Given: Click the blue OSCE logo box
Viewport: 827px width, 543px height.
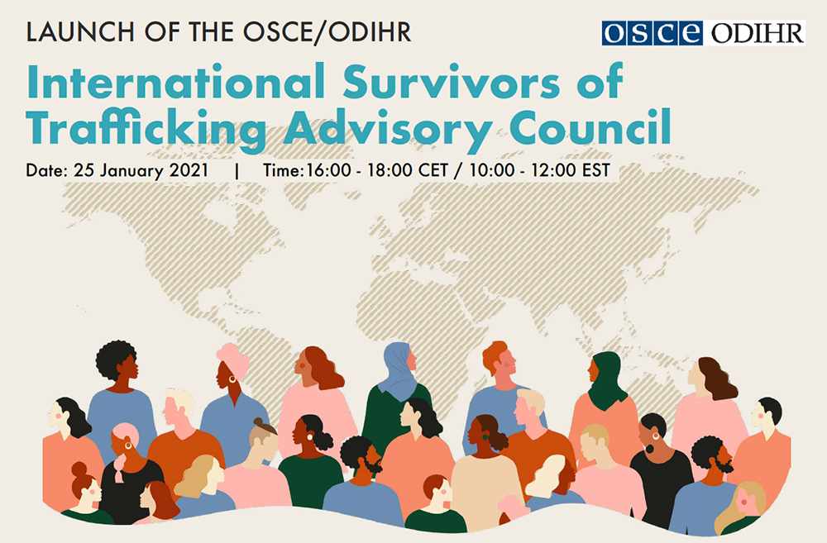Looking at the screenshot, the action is click(652, 33).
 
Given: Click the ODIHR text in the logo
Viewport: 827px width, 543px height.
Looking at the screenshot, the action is click(758, 33).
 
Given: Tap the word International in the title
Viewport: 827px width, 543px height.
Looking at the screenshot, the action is click(175, 82).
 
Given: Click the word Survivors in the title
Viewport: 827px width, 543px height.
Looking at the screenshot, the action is click(451, 82).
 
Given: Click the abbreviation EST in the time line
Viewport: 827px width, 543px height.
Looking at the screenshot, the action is click(596, 170).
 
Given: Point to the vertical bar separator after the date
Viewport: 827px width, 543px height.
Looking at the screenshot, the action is click(237, 171).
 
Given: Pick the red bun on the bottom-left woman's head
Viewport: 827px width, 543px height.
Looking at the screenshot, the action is click(79, 469).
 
